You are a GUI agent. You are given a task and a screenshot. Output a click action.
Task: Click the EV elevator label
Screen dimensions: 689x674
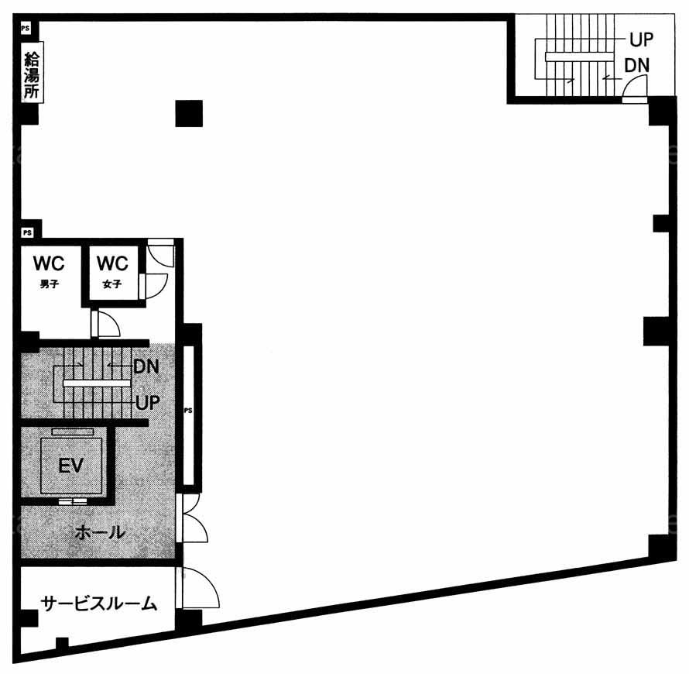click(x=70, y=465)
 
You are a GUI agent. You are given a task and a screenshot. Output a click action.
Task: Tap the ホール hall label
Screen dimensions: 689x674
click(x=101, y=532)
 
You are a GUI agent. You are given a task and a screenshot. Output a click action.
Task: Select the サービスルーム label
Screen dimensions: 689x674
click(x=99, y=604)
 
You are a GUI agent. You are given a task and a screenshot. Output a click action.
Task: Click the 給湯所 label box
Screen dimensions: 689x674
click(x=32, y=73)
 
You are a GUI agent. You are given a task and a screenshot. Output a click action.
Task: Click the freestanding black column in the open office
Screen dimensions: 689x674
click(x=189, y=113)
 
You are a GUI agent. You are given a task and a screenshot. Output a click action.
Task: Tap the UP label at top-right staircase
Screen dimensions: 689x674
click(x=641, y=40)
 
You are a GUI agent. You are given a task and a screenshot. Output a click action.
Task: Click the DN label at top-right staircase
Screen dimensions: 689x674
click(x=636, y=66)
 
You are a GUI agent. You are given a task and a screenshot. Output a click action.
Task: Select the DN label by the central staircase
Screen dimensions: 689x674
click(x=146, y=366)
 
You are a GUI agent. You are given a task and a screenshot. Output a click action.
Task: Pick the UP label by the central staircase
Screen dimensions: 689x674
click(x=148, y=402)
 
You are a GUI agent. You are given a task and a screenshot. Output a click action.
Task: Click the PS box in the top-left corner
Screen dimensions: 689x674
click(x=26, y=29)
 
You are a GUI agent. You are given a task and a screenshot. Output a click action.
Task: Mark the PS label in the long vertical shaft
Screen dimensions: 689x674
click(x=188, y=411)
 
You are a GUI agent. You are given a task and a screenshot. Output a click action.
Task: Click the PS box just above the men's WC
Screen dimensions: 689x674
click(x=27, y=232)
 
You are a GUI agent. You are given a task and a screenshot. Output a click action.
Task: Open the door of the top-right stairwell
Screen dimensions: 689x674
click(x=635, y=88)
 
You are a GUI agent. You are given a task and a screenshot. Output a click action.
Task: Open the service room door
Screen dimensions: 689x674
click(x=197, y=587)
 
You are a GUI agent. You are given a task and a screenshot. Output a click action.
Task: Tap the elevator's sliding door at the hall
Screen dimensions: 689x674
click(x=73, y=501)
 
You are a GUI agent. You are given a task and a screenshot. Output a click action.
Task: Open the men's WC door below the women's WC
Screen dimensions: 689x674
click(x=105, y=324)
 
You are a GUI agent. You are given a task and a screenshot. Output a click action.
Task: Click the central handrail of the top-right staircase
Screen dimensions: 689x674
click(x=579, y=57)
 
